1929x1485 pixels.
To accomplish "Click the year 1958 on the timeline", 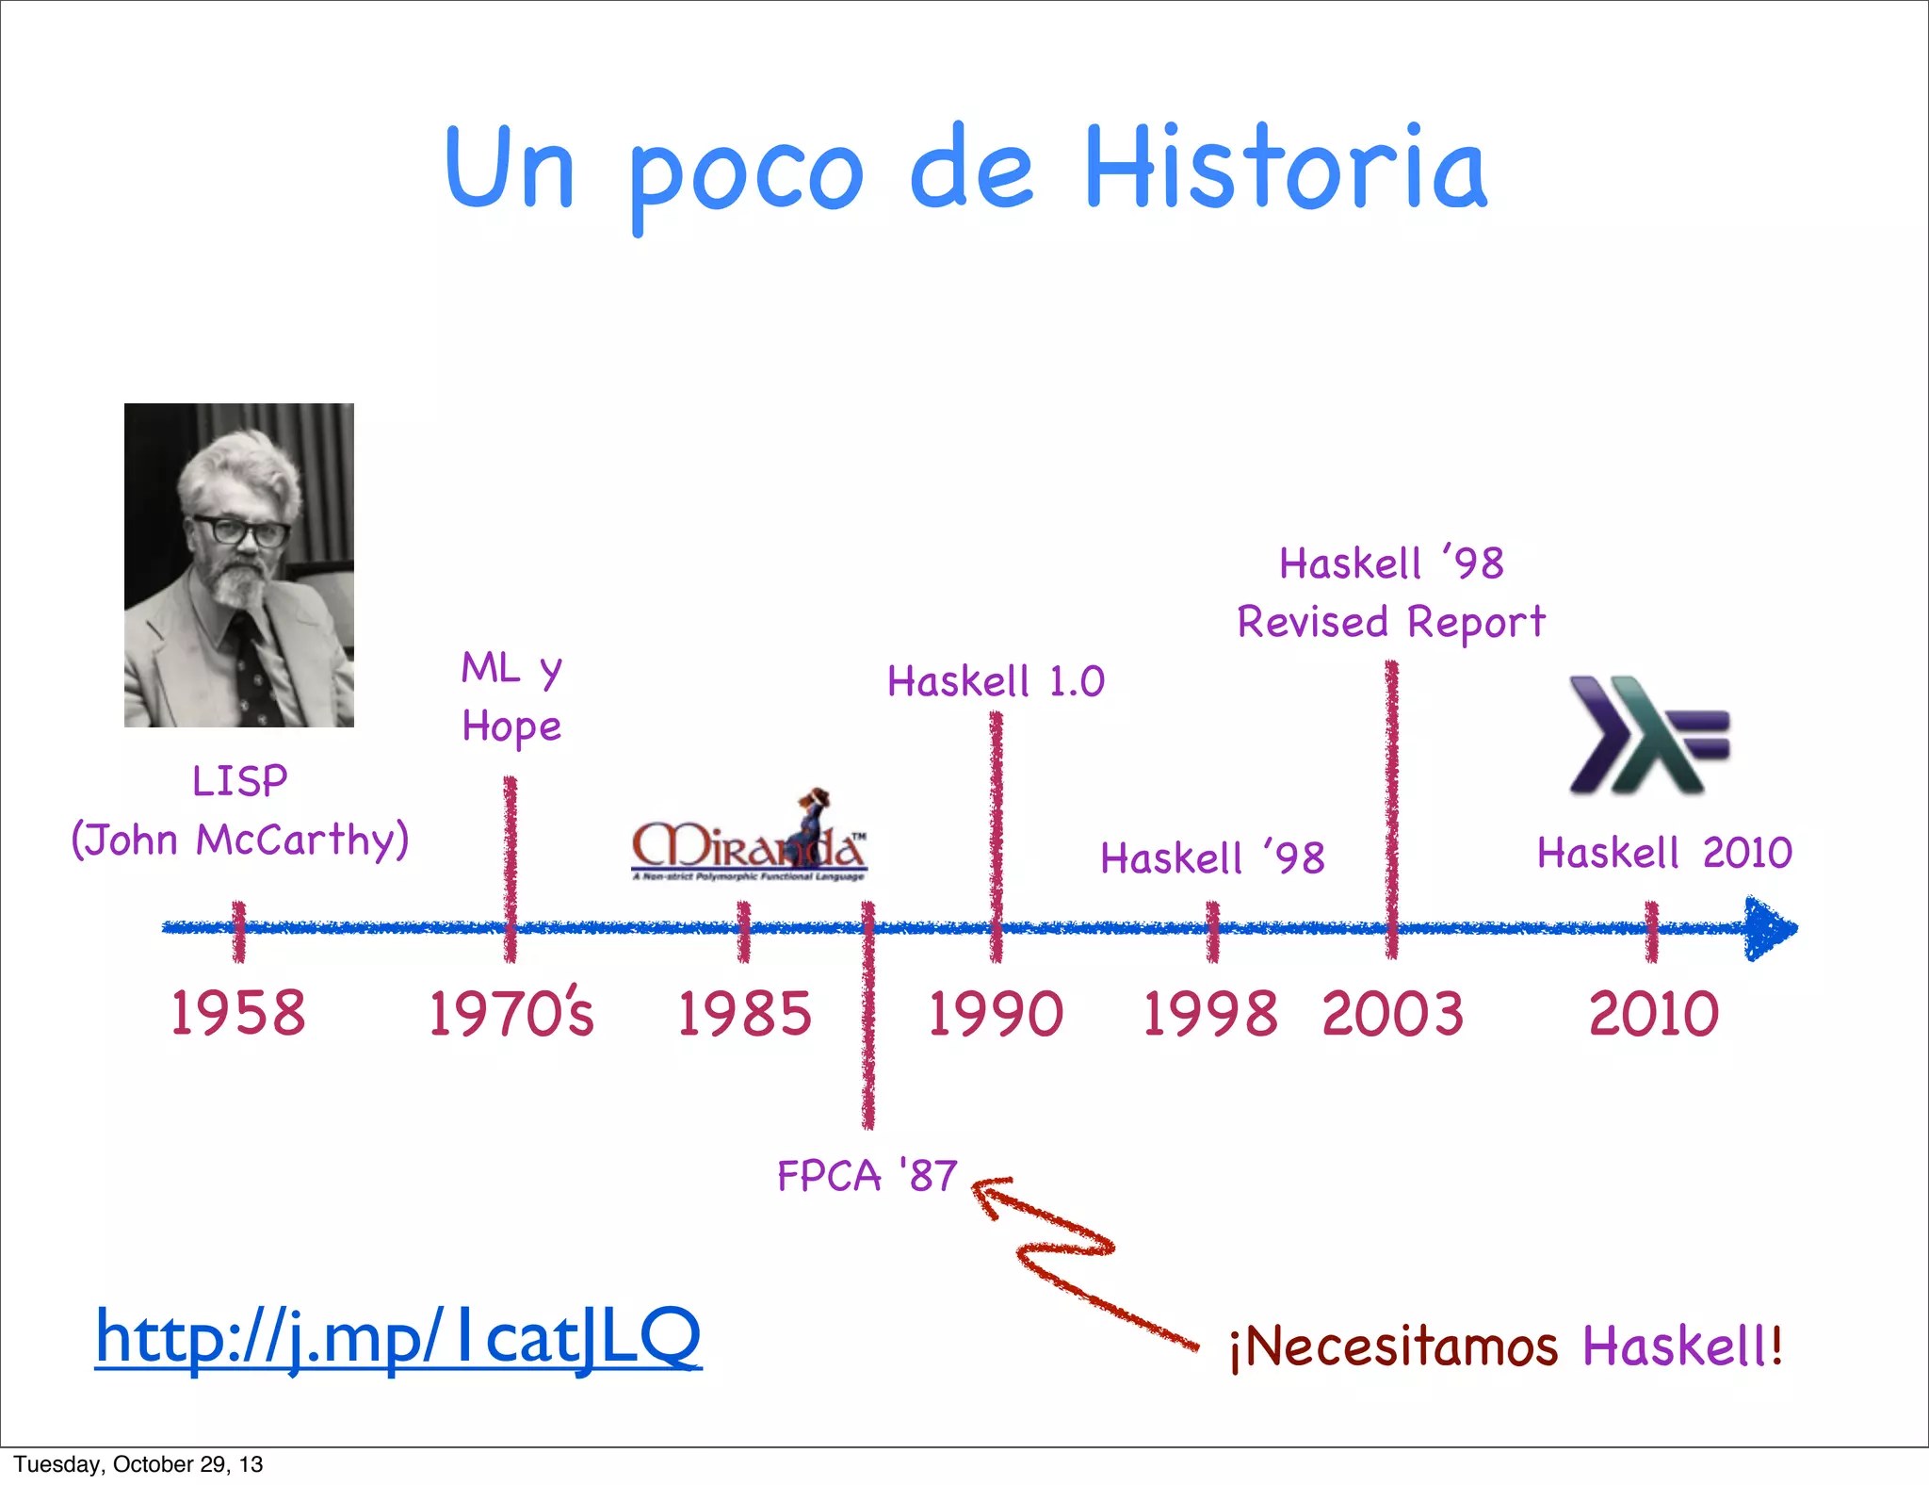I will (x=238, y=1014).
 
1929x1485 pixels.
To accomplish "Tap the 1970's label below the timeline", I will (x=511, y=1014).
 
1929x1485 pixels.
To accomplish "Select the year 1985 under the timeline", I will (x=744, y=1014).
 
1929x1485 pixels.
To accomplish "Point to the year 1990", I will (x=996, y=1014).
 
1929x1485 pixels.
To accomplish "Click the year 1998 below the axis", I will (x=1210, y=1014).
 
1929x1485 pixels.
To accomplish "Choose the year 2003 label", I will (x=1393, y=1014).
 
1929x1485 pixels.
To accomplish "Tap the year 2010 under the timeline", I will (x=1654, y=1014).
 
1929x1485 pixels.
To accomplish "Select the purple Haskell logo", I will (x=1649, y=735).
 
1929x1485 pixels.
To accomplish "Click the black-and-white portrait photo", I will (x=239, y=565).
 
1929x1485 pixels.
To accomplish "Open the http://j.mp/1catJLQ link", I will (x=398, y=1338).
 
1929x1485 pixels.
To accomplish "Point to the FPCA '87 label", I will (x=867, y=1176).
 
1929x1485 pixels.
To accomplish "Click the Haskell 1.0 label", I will (x=996, y=681).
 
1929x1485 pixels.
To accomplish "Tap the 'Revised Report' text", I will (x=1391, y=623).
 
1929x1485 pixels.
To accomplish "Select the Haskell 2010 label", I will (x=1664, y=853).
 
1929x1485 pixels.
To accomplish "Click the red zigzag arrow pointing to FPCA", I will (x=1064, y=1253).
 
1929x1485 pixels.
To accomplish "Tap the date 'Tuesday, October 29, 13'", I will (x=138, y=1464).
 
